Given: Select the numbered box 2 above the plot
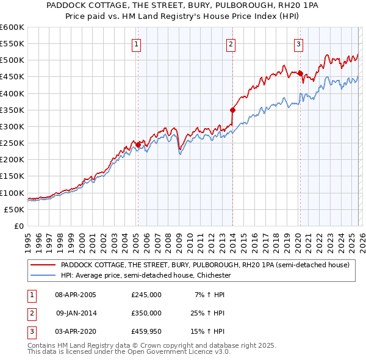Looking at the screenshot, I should [231, 43].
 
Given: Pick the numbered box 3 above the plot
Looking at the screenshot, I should [298, 43].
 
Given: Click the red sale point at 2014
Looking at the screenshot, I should [232, 110].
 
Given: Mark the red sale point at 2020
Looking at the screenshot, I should [300, 73].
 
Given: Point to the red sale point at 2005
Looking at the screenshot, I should [138, 145].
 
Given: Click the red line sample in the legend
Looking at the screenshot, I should [43, 265].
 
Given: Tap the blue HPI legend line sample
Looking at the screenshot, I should [43, 275].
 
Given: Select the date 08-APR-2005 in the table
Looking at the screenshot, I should [76, 294].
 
